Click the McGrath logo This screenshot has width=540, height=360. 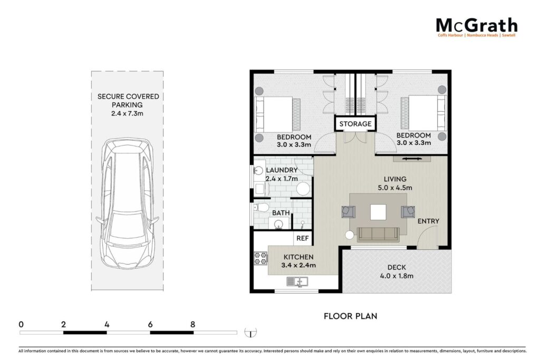point(477,27)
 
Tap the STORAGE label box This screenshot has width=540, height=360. point(355,124)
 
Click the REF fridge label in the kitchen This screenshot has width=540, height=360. point(302,238)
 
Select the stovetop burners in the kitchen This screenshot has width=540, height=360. point(261,258)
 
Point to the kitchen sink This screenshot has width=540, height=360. point(297,282)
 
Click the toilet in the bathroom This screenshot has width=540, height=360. point(261,208)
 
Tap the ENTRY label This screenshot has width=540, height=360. point(428,221)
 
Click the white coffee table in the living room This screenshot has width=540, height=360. point(378,212)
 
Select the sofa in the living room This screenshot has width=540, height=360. point(378,235)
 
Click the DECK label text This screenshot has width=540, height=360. point(397,267)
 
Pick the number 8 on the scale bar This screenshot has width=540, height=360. point(192,324)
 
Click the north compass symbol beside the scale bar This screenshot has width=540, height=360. point(250,333)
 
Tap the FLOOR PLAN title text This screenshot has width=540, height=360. point(350,316)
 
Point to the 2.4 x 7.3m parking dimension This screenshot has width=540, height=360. point(127,113)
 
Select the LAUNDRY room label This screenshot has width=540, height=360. point(282,170)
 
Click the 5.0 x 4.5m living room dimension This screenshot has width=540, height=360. point(395,188)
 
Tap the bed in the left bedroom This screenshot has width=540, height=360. point(277,114)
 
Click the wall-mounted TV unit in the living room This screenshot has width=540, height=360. point(412,158)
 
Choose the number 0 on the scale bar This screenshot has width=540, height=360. point(21,324)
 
